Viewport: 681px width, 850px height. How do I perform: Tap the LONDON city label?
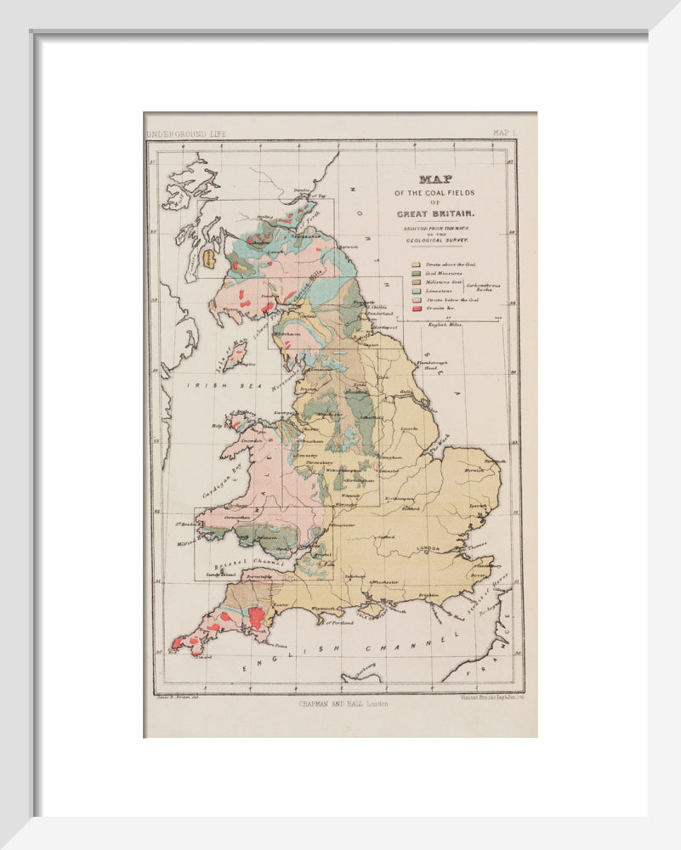430,548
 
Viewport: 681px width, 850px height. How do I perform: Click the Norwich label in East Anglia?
474,468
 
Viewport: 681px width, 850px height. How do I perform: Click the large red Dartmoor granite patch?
255,617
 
